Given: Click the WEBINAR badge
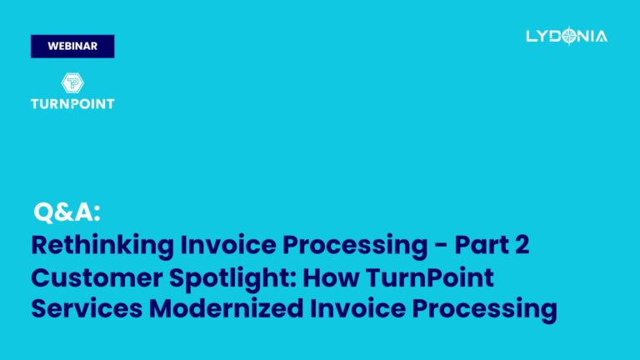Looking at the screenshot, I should point(72,47).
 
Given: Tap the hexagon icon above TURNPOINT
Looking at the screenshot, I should point(72,84).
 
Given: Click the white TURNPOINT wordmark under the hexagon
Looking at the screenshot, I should point(72,104).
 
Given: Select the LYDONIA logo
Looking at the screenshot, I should point(567,36).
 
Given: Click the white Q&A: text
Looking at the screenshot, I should point(67,212).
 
